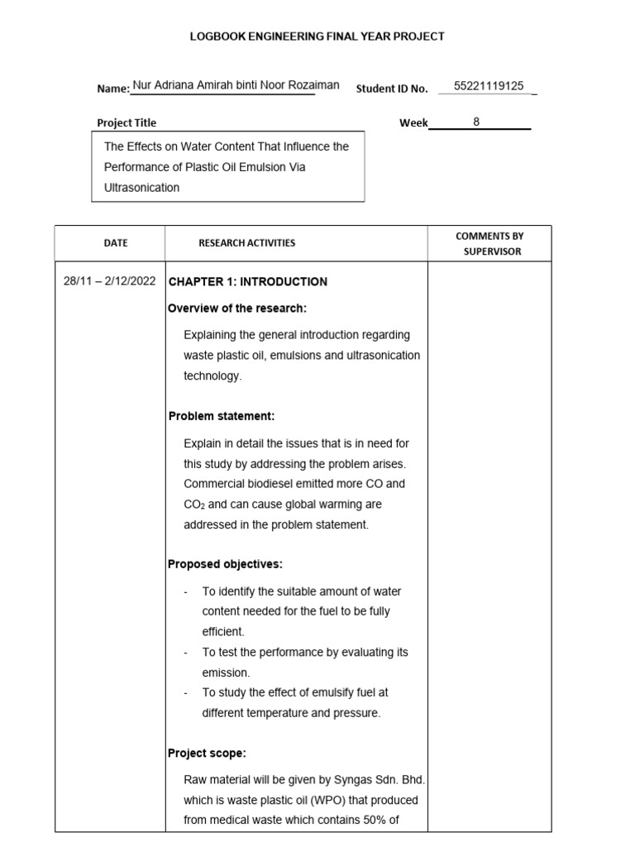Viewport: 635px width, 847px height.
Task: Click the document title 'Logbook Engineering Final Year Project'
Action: click(x=317, y=36)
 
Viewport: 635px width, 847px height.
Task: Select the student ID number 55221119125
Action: click(x=489, y=86)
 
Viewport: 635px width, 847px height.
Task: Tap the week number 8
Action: click(x=476, y=122)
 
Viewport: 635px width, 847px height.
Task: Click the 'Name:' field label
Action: click(x=113, y=89)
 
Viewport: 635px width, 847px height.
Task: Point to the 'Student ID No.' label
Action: click(x=392, y=89)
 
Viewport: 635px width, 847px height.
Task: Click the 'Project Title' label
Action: click(x=127, y=123)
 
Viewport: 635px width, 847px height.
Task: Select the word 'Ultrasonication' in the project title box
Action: click(x=141, y=187)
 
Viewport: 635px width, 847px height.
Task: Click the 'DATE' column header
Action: click(x=116, y=243)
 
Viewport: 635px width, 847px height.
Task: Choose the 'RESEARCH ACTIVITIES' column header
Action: click(x=246, y=243)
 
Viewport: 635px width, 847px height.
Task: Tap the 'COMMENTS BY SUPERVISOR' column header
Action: click(x=489, y=243)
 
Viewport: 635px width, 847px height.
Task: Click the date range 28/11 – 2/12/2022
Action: click(x=109, y=281)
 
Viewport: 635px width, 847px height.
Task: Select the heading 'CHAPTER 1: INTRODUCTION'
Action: click(x=248, y=281)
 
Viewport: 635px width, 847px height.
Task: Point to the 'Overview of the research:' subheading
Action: click(x=237, y=309)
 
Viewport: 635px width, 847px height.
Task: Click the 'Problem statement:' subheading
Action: click(x=222, y=415)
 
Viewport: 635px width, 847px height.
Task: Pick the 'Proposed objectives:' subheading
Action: click(x=225, y=564)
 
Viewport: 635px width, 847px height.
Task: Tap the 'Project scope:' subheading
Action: click(x=207, y=754)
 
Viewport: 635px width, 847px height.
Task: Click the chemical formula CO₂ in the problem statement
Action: click(x=194, y=505)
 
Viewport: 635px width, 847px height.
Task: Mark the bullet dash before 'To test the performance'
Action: click(x=187, y=653)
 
